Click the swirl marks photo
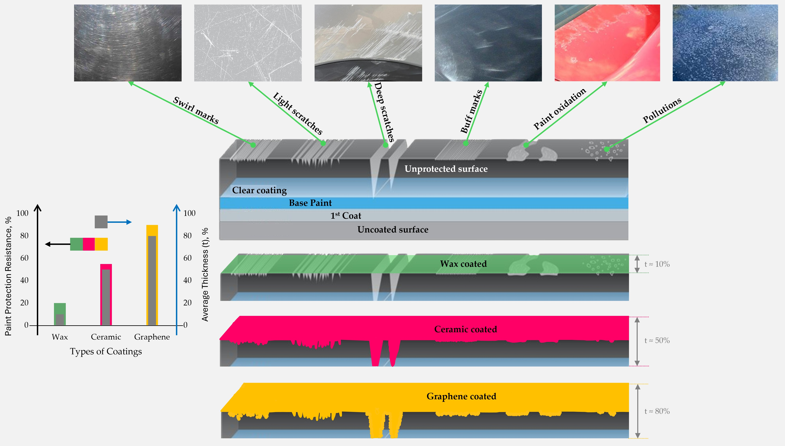(x=128, y=43)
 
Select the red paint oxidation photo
(x=607, y=43)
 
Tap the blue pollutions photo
(x=725, y=43)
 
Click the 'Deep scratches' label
(x=384, y=112)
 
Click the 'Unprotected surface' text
(x=446, y=169)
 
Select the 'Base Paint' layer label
(x=310, y=203)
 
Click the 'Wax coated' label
(x=463, y=264)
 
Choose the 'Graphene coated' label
(x=461, y=396)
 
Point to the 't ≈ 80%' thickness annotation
(x=657, y=411)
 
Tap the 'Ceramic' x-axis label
(x=106, y=337)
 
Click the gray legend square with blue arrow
(x=101, y=222)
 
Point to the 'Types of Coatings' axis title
(x=106, y=351)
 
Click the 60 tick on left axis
(x=24, y=258)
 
